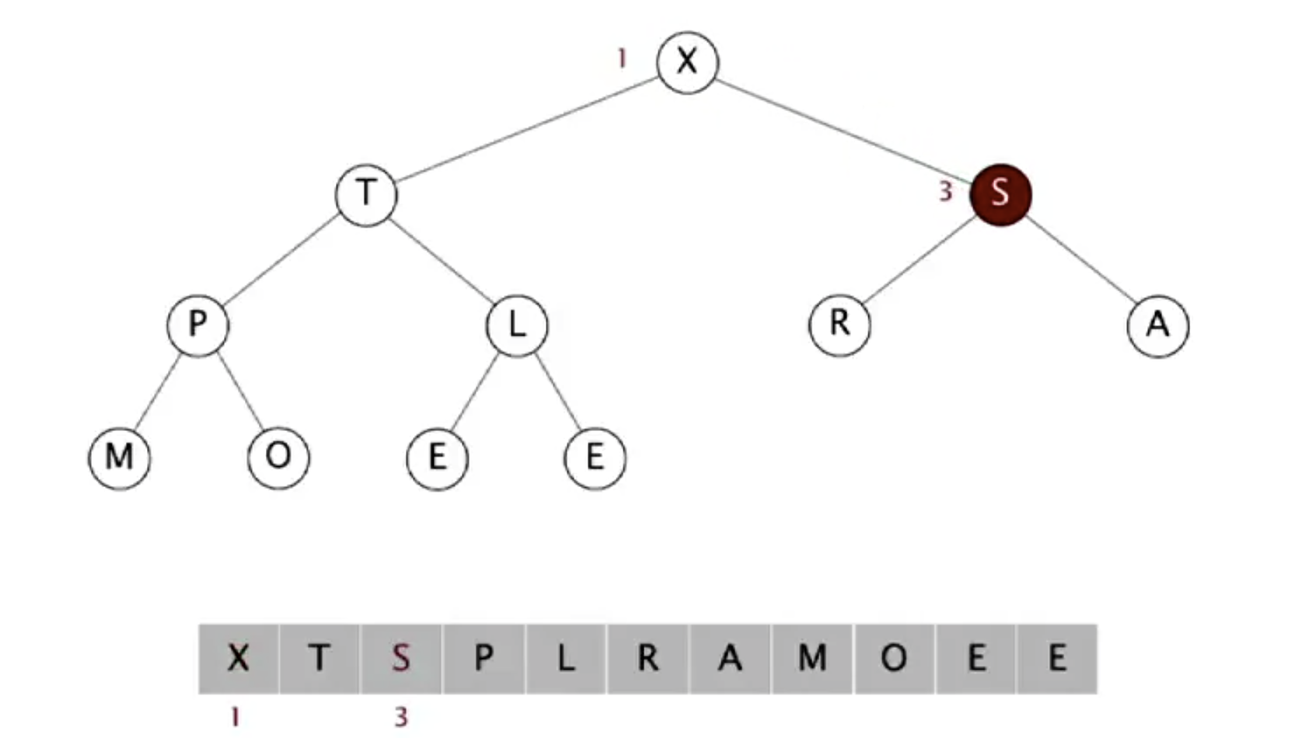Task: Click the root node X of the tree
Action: tap(687, 61)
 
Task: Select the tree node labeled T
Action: tap(366, 193)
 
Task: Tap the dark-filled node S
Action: tap(1000, 193)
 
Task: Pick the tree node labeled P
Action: tap(197, 325)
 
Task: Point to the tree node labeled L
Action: tap(517, 325)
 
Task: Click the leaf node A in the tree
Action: tap(1157, 325)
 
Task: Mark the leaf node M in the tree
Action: tap(119, 457)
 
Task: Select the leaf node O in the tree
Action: tap(278, 457)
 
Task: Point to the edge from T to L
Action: tap(442, 259)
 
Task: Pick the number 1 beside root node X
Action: tap(621, 58)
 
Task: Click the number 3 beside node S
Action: tap(945, 191)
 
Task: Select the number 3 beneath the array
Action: tap(401, 716)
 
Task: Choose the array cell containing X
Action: tap(239, 659)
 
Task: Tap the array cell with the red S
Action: tap(401, 659)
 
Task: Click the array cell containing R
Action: tap(648, 659)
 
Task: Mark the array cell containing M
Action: tap(812, 659)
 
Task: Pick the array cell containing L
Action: tap(565, 659)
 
